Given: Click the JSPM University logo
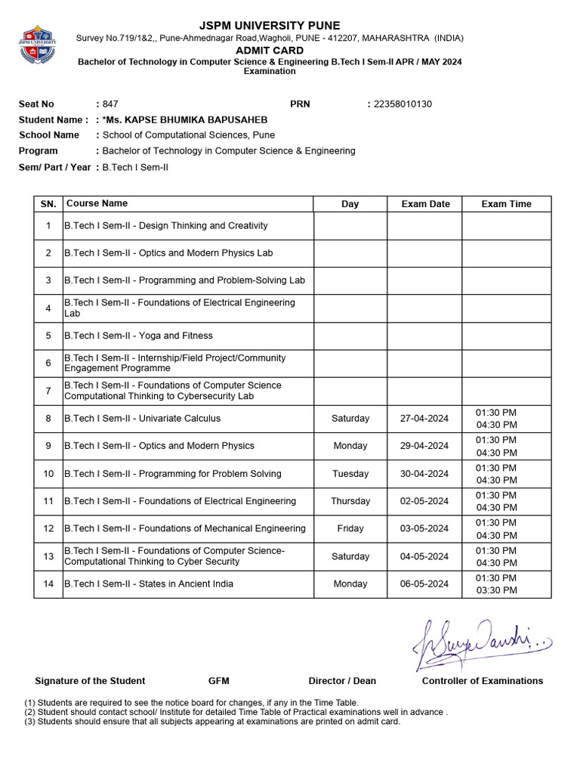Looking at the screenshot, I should click(38, 45).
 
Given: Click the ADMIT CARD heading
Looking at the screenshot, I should click(270, 50).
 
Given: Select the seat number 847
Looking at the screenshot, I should click(110, 104).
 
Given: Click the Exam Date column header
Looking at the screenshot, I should click(425, 204).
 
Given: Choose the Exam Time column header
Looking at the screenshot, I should click(506, 204).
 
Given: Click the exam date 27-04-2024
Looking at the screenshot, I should click(424, 419).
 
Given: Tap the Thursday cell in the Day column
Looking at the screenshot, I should click(350, 501).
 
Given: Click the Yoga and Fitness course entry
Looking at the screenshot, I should click(138, 336).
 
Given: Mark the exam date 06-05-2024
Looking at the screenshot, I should click(424, 584).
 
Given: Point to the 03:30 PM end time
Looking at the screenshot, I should click(496, 590).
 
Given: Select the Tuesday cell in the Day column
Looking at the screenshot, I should click(350, 474).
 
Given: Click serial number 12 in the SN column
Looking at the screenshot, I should click(48, 528).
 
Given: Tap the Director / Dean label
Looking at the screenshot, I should click(342, 681).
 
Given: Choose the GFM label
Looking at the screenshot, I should click(219, 681).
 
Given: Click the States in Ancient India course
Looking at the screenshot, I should click(148, 584).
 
